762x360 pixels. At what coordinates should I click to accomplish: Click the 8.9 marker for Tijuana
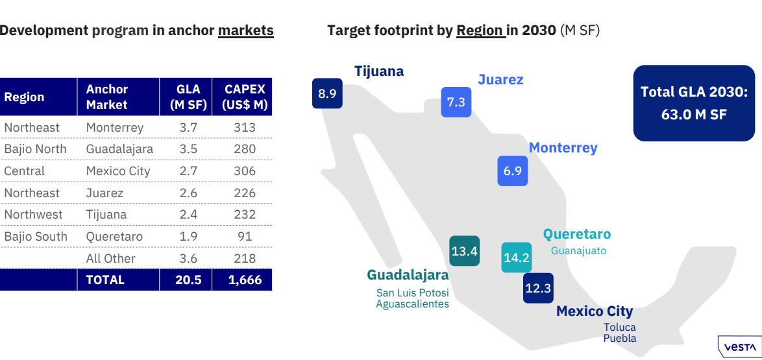click(327, 93)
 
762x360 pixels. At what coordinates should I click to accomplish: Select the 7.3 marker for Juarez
click(456, 102)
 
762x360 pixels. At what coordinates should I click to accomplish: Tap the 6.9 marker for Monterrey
click(513, 171)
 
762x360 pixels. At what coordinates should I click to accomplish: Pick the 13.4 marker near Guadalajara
click(465, 251)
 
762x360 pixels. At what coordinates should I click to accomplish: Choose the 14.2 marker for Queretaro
click(517, 258)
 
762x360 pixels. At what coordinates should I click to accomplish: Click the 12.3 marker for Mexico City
click(538, 288)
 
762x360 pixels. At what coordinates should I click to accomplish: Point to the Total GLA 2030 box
click(694, 103)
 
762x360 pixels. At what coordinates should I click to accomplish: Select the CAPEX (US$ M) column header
click(245, 97)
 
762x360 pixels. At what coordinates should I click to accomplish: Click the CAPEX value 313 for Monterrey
click(245, 128)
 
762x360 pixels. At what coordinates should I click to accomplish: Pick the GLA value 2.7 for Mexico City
click(188, 171)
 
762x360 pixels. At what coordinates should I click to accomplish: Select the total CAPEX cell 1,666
click(245, 280)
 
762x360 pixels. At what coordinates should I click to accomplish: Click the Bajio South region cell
click(36, 237)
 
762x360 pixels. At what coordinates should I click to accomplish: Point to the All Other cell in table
click(111, 258)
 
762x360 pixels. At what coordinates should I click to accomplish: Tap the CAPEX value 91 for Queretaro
click(245, 237)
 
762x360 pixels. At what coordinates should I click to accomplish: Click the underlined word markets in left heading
click(245, 30)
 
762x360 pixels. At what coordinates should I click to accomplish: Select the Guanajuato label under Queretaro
click(578, 250)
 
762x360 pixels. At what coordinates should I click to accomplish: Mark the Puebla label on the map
click(620, 338)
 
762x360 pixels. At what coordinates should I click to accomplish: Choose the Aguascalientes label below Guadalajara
click(412, 304)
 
